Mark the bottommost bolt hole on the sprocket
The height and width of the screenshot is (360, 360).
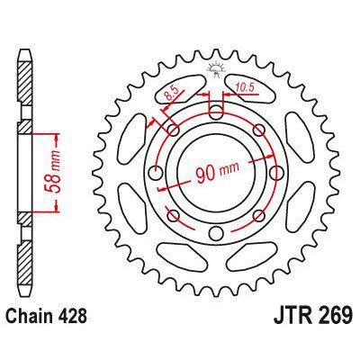(215, 236)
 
